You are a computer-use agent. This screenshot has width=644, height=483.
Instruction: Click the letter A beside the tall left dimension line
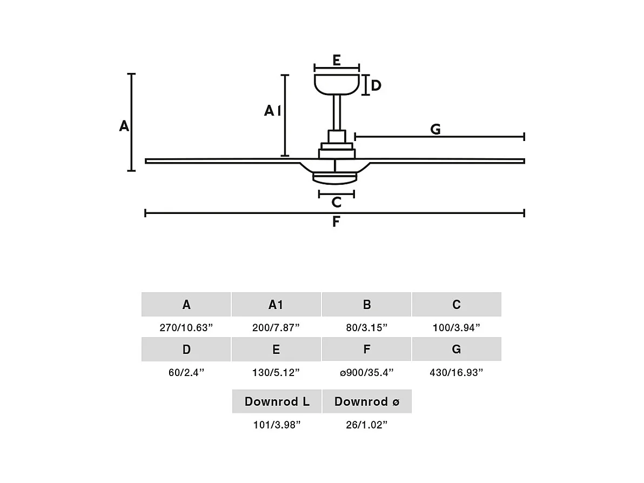tap(124, 126)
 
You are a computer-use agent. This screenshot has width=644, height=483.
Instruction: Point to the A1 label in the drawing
tap(272, 111)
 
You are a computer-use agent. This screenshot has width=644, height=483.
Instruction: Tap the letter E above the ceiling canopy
tap(337, 60)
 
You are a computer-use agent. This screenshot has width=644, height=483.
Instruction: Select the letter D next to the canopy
tap(376, 85)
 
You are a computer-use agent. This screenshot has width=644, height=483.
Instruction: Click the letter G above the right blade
tap(435, 130)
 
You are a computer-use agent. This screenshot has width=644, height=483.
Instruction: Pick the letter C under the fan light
tap(336, 202)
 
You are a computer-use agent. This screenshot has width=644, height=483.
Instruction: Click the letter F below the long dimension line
tap(336, 222)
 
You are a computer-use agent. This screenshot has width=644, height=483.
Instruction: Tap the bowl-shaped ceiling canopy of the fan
tap(337, 83)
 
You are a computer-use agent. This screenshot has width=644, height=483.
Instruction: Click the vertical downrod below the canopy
tap(336, 112)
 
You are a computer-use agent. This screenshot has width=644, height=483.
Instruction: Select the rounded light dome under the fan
tap(336, 178)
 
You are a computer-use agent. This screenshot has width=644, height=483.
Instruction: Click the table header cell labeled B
tap(366, 305)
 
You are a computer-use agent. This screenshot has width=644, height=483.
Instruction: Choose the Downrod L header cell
tap(277, 401)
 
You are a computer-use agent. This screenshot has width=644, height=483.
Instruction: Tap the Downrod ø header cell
tap(367, 401)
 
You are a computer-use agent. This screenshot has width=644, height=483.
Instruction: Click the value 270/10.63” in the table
tap(186, 327)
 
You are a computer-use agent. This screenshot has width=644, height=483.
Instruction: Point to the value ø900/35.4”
tap(366, 372)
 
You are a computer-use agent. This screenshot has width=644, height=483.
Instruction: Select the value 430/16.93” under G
tap(457, 372)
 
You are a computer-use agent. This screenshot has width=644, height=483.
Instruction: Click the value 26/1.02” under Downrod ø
tap(367, 425)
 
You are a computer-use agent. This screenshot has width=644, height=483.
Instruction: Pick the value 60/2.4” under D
tap(186, 372)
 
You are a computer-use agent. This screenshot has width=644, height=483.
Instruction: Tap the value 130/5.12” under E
tap(276, 372)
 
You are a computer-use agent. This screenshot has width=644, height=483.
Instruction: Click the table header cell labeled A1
tap(276, 305)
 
